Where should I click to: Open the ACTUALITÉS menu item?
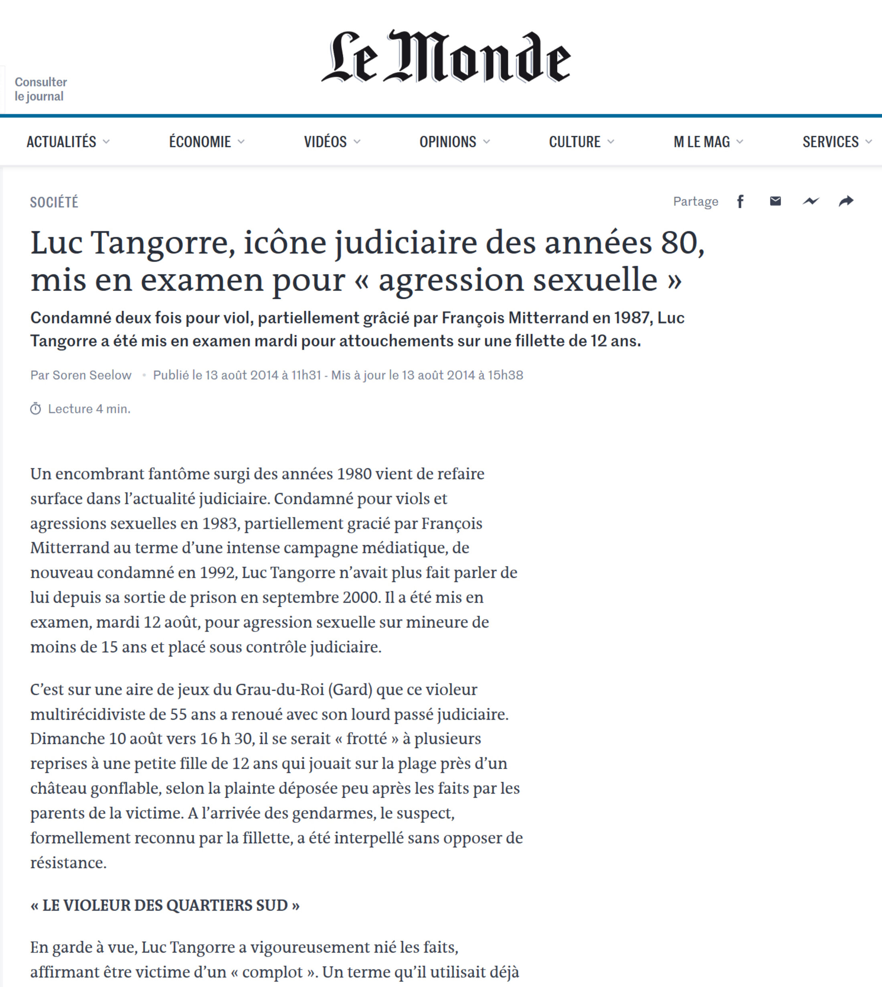(62, 142)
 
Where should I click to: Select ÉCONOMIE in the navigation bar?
(200, 142)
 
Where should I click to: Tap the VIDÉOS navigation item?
(325, 142)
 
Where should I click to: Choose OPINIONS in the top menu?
(448, 142)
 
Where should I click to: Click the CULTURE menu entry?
(575, 142)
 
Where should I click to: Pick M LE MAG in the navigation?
(702, 142)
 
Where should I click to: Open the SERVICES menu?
(831, 142)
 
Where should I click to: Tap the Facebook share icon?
(740, 201)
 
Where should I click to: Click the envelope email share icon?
(775, 201)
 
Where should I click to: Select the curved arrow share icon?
(846, 201)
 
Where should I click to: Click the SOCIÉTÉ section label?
(54, 202)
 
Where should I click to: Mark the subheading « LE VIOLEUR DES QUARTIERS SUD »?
(165, 905)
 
